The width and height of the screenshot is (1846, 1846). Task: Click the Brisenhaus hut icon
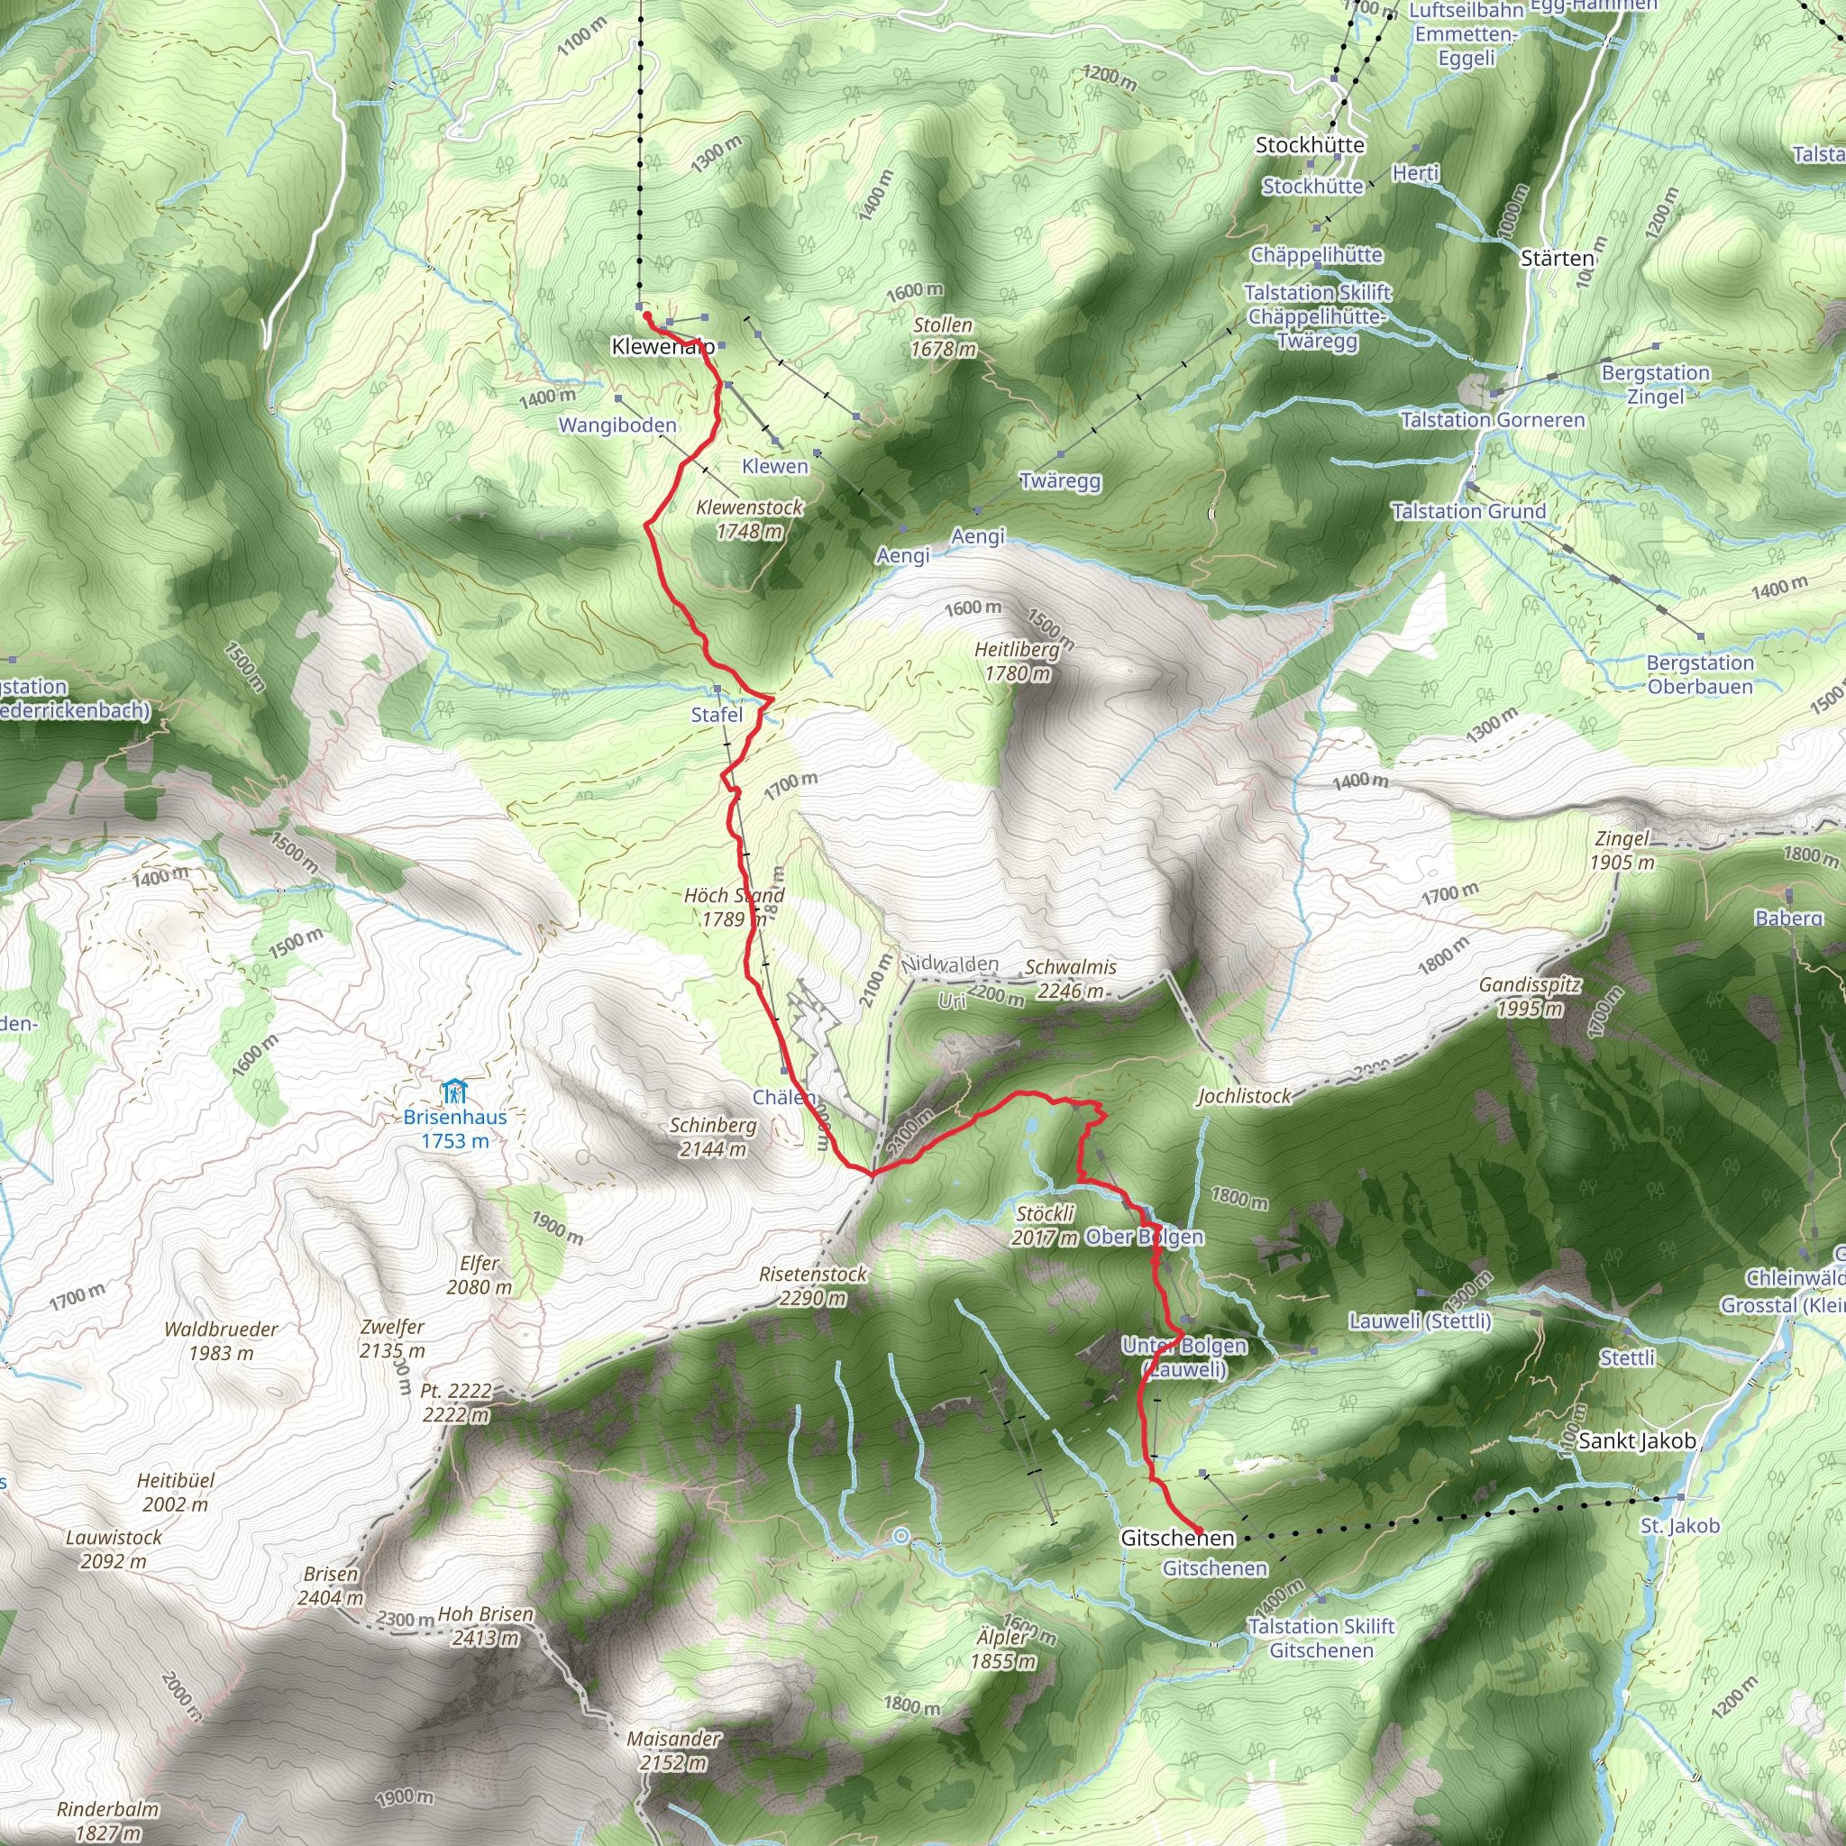(455, 1092)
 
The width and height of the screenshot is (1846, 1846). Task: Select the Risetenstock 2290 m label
(813, 1286)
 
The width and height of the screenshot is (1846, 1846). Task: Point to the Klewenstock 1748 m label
(750, 519)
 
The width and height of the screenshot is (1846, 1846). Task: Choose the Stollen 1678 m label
(943, 337)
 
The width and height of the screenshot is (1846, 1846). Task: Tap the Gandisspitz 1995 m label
(1530, 997)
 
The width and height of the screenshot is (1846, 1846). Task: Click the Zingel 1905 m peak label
(1622, 850)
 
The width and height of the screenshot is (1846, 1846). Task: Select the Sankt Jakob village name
(1637, 1441)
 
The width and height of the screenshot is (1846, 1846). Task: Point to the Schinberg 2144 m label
(713, 1137)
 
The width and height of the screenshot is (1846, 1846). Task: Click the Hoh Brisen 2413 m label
(486, 1625)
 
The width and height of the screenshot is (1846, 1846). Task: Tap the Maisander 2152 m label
(673, 1750)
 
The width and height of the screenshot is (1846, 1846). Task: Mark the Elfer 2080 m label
(479, 1275)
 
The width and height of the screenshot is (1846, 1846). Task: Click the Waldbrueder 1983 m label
(221, 1340)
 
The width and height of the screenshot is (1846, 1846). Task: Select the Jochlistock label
(1244, 1096)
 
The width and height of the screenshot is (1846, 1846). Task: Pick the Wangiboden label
(617, 425)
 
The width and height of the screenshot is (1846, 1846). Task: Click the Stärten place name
(1558, 259)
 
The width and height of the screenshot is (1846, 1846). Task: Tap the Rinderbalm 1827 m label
(108, 1820)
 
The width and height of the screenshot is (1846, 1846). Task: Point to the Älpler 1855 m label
(1003, 1649)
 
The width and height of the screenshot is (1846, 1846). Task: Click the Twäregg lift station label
(1060, 480)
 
